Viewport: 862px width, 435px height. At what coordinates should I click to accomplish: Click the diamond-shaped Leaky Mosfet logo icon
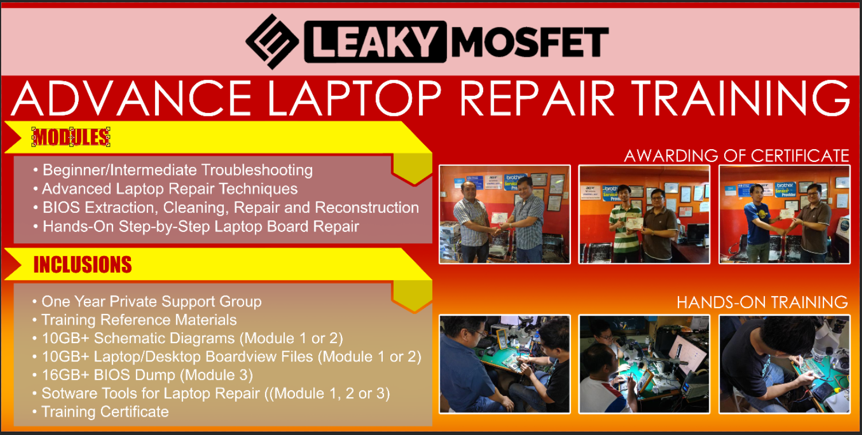(272, 41)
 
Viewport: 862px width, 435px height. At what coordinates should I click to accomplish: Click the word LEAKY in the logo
(375, 41)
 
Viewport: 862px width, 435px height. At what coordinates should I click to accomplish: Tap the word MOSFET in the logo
(530, 41)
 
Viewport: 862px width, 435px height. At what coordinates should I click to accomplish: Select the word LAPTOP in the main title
(354, 98)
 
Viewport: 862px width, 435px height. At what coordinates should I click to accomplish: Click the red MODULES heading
(71, 137)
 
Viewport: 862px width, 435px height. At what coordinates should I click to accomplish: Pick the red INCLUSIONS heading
(83, 265)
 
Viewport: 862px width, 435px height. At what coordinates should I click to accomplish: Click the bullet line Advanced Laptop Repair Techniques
(170, 189)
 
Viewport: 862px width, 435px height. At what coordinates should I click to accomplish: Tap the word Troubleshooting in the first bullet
(257, 170)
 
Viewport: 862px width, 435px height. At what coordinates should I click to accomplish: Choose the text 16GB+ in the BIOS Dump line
(65, 375)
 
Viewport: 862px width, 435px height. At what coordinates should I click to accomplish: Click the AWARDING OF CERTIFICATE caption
(736, 156)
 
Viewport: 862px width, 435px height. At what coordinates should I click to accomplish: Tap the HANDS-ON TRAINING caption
(762, 302)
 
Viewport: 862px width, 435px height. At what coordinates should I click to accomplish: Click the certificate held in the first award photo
(499, 218)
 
